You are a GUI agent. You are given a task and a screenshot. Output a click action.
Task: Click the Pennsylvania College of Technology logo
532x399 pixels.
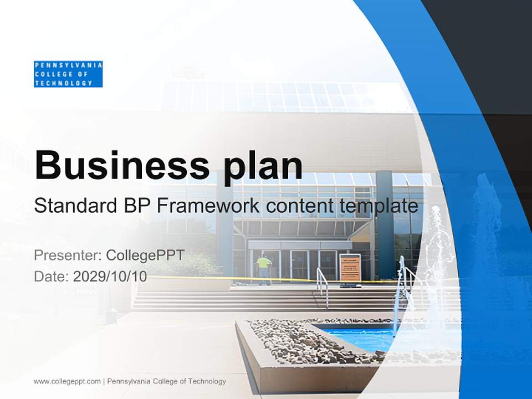[x=68, y=74]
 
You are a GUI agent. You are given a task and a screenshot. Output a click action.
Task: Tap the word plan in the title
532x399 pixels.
[x=262, y=166]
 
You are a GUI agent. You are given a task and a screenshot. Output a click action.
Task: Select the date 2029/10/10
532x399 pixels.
[x=110, y=276]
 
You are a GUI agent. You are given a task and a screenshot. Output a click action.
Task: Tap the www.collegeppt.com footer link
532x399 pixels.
[x=67, y=381]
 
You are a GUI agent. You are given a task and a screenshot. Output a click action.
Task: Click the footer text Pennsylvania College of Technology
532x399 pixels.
[x=166, y=381]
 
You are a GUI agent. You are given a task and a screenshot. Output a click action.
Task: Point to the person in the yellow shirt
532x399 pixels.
[x=264, y=267]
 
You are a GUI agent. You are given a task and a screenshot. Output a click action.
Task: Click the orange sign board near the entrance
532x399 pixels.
[x=350, y=268]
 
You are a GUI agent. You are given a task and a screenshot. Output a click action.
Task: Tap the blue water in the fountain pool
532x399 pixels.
[x=360, y=337]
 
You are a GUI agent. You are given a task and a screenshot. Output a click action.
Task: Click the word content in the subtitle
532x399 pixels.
[x=297, y=206]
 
